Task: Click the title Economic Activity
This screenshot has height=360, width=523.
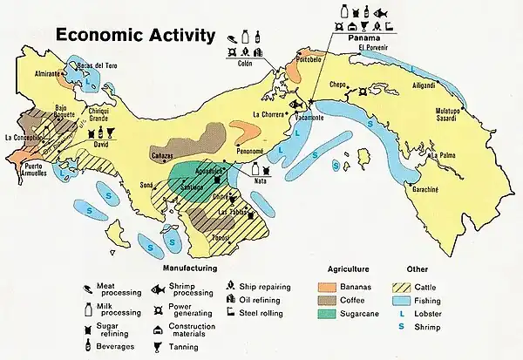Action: tap(135, 36)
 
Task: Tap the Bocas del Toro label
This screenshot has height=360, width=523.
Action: tap(98, 66)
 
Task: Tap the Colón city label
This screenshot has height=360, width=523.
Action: tap(246, 63)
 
